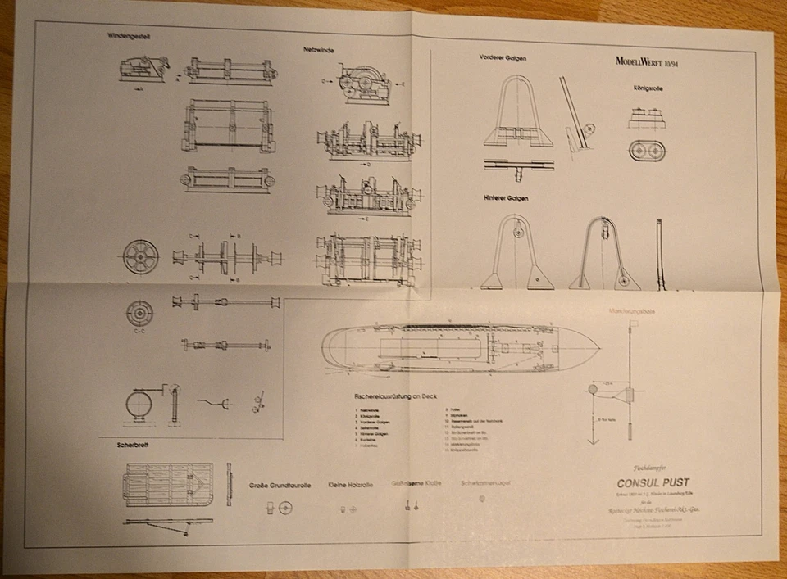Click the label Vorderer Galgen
[x=503, y=57]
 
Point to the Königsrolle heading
[x=647, y=87]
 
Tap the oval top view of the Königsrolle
[x=647, y=152]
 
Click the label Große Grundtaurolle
[x=280, y=485]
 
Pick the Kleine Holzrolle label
[x=350, y=485]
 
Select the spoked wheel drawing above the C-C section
[x=139, y=256]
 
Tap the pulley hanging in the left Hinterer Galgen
[x=516, y=232]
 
